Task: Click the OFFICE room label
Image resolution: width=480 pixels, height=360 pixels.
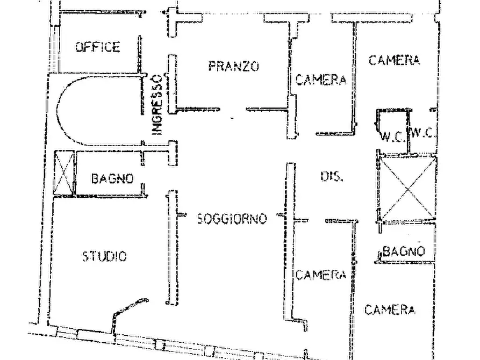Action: pyautogui.click(x=97, y=47)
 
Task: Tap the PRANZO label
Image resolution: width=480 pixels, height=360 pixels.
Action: pyautogui.click(x=234, y=66)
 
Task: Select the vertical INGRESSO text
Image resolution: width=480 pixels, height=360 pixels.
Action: pyautogui.click(x=157, y=104)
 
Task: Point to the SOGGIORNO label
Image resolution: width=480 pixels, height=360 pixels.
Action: pyautogui.click(x=232, y=219)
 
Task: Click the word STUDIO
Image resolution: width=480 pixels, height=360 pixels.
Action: pyautogui.click(x=104, y=256)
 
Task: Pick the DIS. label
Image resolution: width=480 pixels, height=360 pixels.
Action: pyautogui.click(x=332, y=176)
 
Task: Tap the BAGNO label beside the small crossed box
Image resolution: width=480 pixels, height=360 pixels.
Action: pyautogui.click(x=113, y=178)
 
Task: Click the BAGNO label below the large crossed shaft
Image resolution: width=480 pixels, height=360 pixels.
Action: pyautogui.click(x=404, y=251)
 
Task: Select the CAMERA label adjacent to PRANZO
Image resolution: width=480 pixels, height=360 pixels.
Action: pyautogui.click(x=321, y=80)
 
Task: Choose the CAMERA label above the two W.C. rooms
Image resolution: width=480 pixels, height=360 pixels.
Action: pyautogui.click(x=395, y=60)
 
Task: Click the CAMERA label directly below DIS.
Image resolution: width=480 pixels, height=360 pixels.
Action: pyautogui.click(x=321, y=275)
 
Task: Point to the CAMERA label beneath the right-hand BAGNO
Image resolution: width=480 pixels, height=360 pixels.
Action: pyautogui.click(x=390, y=310)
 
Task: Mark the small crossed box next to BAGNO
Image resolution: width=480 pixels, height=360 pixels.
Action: pyautogui.click(x=65, y=172)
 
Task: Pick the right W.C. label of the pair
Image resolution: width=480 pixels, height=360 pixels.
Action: pyautogui.click(x=423, y=133)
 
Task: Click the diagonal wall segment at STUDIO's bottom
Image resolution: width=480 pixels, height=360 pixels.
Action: pyautogui.click(x=131, y=306)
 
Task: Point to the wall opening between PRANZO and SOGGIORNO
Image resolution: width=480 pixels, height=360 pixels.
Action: pyautogui.click(x=233, y=109)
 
